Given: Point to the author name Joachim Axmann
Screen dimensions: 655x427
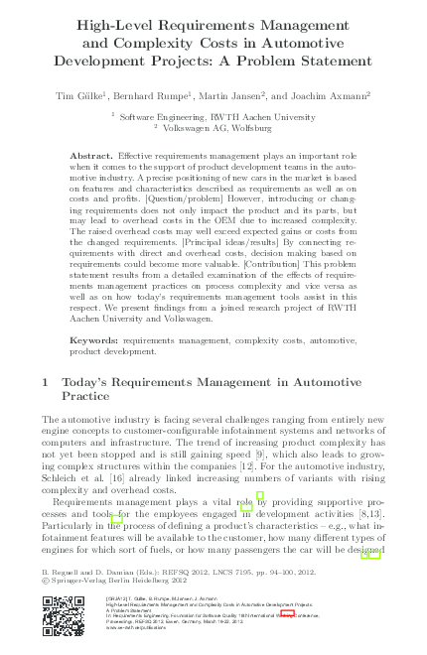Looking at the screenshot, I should [x=332, y=95].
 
